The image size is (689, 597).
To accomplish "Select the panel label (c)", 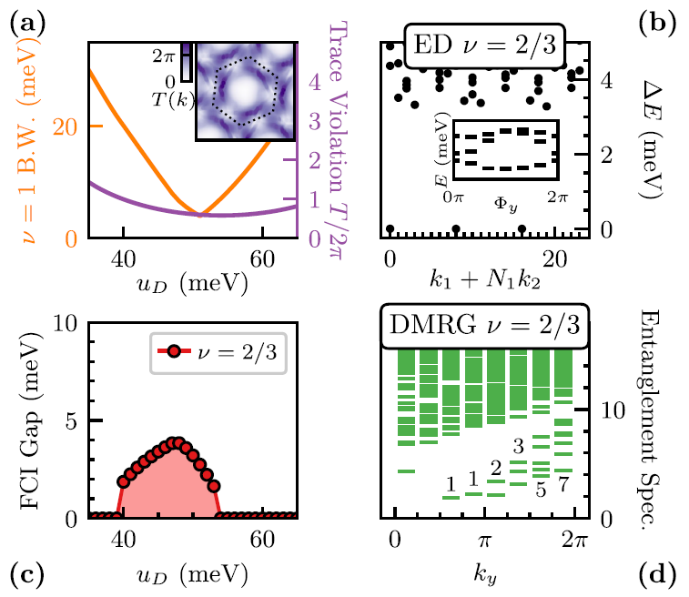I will pos(20,575).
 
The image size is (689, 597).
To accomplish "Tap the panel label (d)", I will pos(662,575).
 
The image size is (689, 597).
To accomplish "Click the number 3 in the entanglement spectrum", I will pos(518,447).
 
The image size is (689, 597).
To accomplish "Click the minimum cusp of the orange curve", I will pos(201,216).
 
